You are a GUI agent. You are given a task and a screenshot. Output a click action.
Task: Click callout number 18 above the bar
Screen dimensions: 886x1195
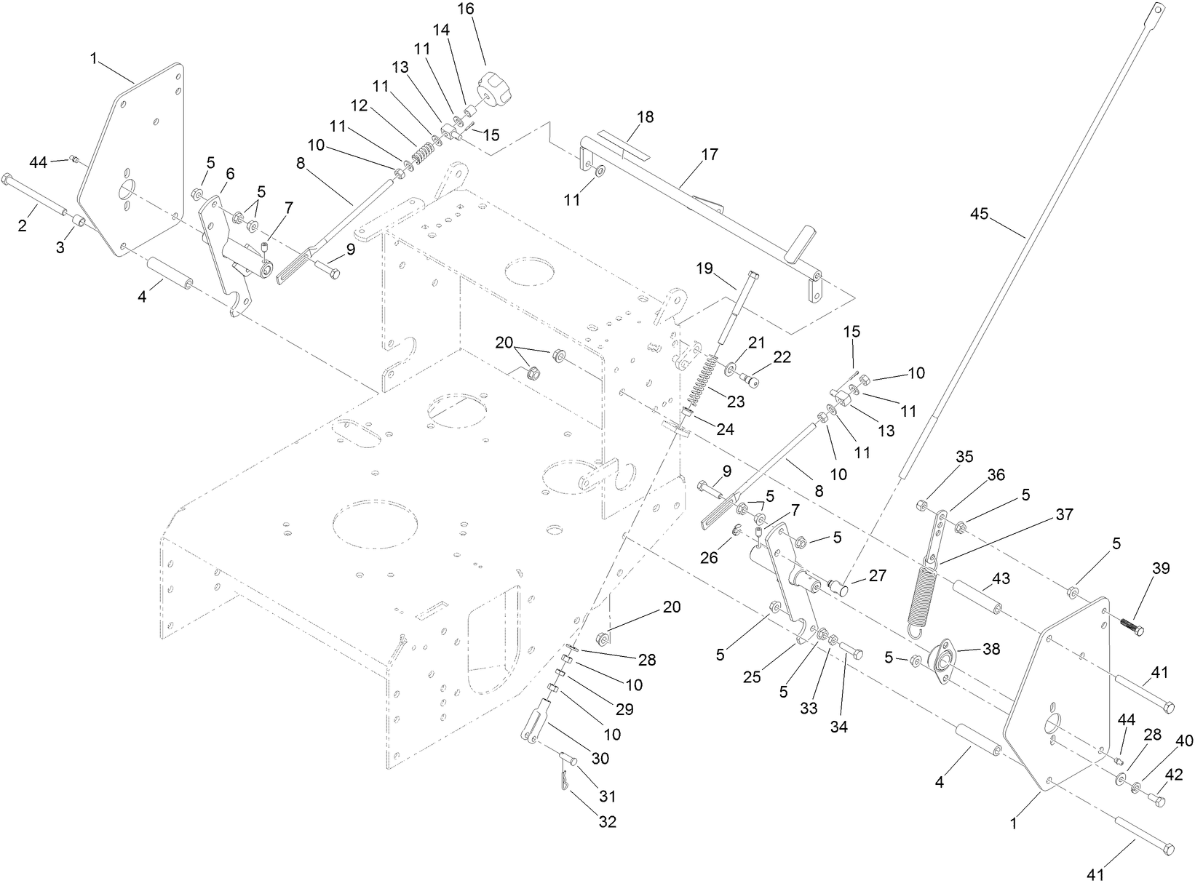[x=645, y=116]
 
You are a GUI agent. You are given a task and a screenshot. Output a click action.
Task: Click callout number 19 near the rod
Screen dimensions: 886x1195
[x=704, y=268]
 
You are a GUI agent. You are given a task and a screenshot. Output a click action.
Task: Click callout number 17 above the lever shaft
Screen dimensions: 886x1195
[x=710, y=154]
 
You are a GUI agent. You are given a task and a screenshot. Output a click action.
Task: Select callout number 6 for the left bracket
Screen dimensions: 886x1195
[x=231, y=173]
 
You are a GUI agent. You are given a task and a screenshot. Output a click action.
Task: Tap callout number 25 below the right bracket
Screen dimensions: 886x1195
[x=752, y=677]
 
